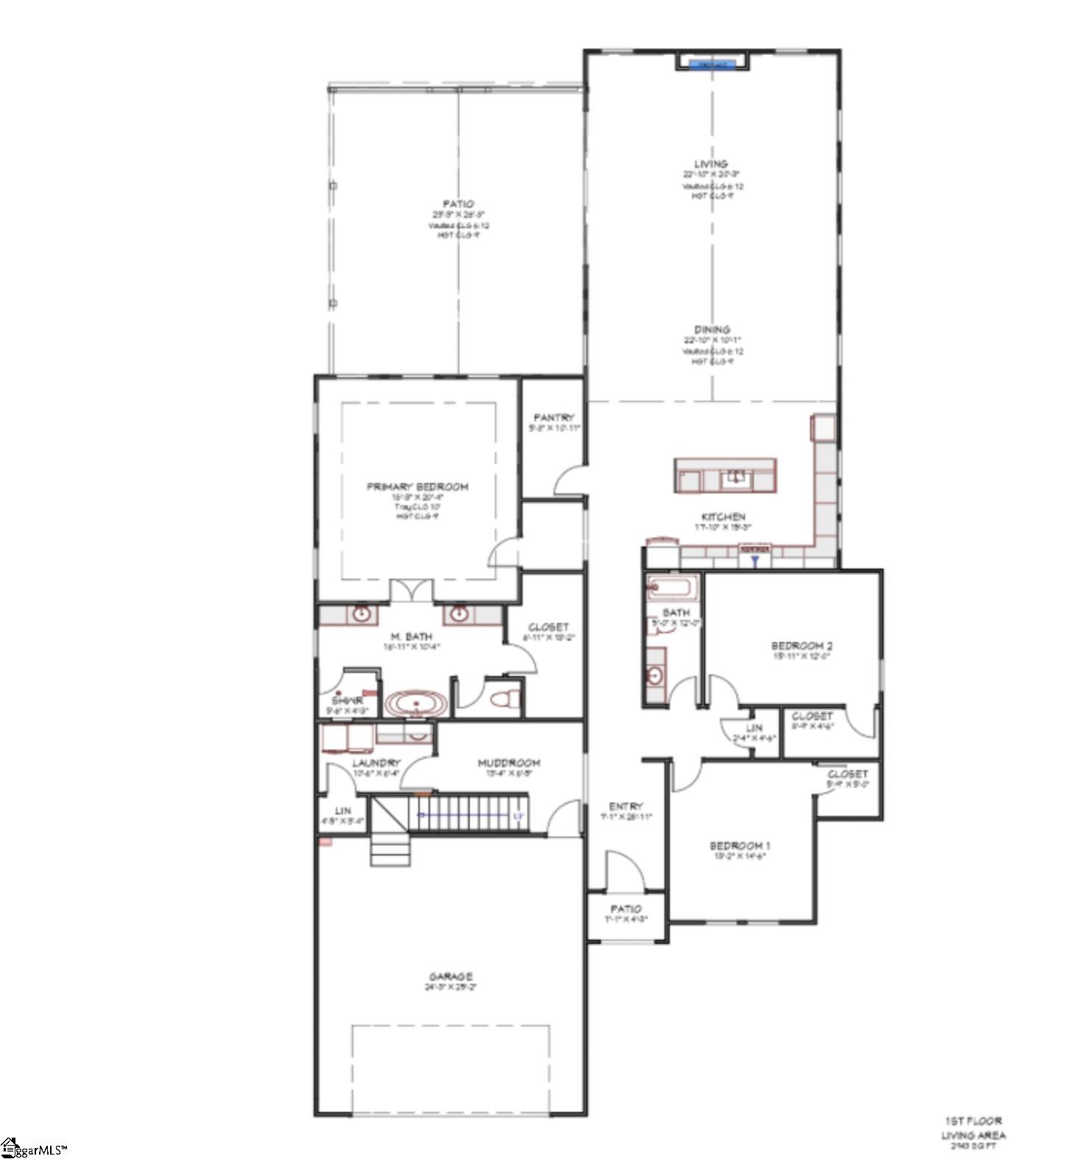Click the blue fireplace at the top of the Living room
click(x=712, y=64)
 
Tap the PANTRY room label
click(x=554, y=418)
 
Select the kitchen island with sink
click(x=725, y=476)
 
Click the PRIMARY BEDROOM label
click(x=418, y=487)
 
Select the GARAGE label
click(x=451, y=976)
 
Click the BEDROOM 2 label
click(x=802, y=646)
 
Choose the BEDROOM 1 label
click(x=740, y=846)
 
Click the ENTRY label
click(x=626, y=806)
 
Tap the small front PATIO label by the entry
click(x=626, y=909)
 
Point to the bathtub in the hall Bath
click(x=671, y=588)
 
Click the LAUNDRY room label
click(x=376, y=763)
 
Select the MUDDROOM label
click(x=509, y=763)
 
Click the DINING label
click(x=712, y=330)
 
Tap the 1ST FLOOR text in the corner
click(x=973, y=1121)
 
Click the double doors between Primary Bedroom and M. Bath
click(x=411, y=591)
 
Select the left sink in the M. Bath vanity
click(x=361, y=614)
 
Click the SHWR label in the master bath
click(x=347, y=701)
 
